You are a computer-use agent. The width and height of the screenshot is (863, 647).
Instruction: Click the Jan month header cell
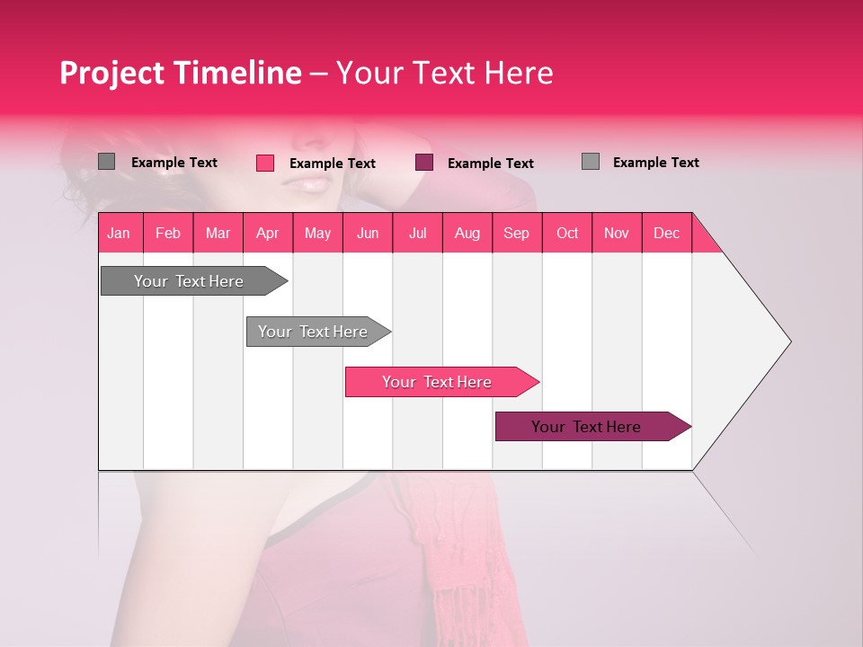(x=120, y=233)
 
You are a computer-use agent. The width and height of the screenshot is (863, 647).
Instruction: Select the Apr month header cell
(x=268, y=233)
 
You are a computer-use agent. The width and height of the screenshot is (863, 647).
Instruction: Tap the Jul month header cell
(x=418, y=233)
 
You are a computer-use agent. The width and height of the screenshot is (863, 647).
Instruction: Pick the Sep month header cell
(x=517, y=233)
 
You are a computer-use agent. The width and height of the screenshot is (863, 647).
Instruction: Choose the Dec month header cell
(x=667, y=233)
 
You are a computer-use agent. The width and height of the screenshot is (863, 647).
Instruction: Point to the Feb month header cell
(x=168, y=233)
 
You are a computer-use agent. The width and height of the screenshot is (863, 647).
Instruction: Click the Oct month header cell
(x=567, y=233)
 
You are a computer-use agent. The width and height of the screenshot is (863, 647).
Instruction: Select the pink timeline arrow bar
(x=438, y=382)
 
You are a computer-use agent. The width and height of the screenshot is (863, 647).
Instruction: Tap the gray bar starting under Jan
(x=190, y=281)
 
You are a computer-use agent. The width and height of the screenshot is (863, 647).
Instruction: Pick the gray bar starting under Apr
(x=314, y=332)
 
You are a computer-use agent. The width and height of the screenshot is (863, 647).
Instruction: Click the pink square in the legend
(x=265, y=163)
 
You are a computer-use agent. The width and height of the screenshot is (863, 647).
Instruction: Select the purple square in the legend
(x=424, y=163)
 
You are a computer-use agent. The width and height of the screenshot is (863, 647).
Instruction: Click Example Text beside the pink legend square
(x=333, y=164)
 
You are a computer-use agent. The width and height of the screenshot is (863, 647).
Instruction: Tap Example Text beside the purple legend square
(x=491, y=164)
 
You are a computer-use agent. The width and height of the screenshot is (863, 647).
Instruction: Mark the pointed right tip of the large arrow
(x=788, y=341)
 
